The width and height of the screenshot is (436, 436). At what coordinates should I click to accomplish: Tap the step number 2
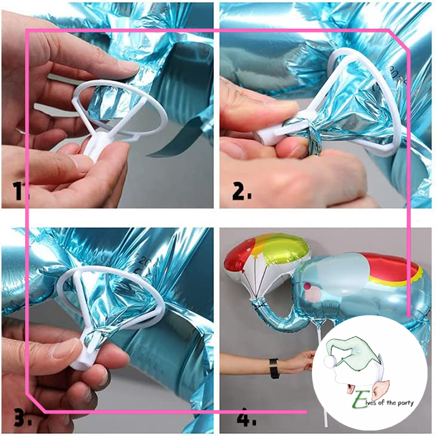[241, 193]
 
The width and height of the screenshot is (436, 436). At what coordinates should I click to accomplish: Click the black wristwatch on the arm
[274, 368]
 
